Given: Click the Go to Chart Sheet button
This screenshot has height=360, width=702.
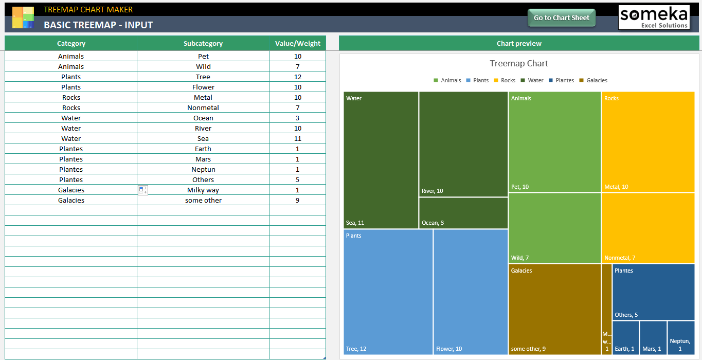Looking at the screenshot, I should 562,17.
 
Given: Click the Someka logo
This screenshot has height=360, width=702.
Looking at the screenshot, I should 654,17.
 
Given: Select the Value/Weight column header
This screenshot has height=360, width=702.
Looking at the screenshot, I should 297,44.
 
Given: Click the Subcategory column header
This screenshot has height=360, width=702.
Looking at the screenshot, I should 203,44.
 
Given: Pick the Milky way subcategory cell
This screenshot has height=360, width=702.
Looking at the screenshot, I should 203,190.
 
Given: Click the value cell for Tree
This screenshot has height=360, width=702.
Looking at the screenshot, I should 297,77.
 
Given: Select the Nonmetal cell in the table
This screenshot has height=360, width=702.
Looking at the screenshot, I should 203,107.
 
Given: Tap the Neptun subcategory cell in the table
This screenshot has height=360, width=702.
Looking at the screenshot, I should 203,169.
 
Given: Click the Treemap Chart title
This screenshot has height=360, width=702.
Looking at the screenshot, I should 519,64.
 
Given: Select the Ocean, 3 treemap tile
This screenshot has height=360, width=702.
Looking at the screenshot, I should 463,213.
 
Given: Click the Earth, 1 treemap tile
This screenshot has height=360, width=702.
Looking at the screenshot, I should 625,337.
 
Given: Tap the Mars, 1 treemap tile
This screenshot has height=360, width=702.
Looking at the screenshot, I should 653,337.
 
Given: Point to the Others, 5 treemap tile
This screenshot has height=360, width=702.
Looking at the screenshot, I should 653,292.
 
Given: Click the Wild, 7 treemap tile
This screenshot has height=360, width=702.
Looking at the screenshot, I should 554,228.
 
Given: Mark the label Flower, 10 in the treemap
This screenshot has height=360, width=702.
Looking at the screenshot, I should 449,349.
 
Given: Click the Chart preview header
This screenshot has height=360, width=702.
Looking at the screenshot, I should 519,44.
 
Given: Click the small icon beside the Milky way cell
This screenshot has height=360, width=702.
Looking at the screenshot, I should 143,190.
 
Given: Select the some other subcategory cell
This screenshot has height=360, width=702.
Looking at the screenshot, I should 203,200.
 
